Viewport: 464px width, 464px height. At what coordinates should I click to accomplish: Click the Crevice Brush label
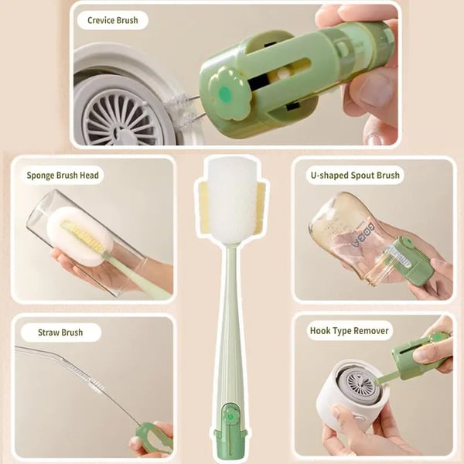click(x=112, y=20)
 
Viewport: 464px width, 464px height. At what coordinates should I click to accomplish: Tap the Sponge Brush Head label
click(x=62, y=176)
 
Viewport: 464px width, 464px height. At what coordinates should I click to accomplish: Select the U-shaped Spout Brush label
click(x=356, y=176)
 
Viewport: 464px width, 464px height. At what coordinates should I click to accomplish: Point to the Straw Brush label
click(x=60, y=333)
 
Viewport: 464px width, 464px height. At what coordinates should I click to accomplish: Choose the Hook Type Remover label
click(x=350, y=331)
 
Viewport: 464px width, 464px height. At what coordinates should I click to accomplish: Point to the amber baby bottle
click(x=348, y=232)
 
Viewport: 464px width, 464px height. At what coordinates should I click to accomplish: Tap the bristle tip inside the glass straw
click(x=93, y=383)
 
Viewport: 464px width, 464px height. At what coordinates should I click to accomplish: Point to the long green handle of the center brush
click(x=230, y=325)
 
